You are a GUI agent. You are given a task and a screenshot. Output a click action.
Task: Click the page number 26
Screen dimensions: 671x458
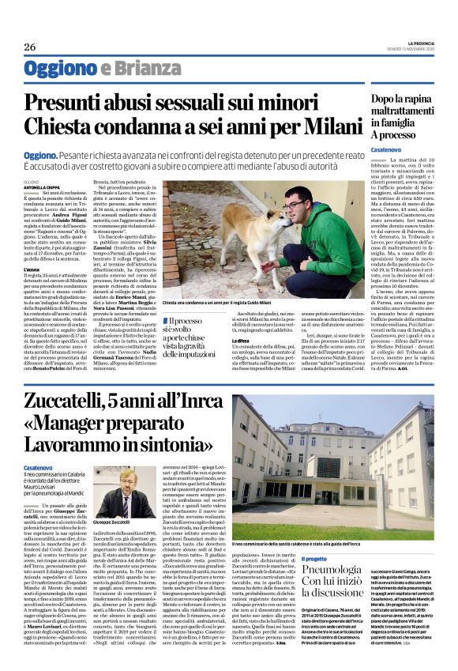29,47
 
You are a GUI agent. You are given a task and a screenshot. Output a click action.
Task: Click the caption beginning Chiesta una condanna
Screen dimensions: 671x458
229,303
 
